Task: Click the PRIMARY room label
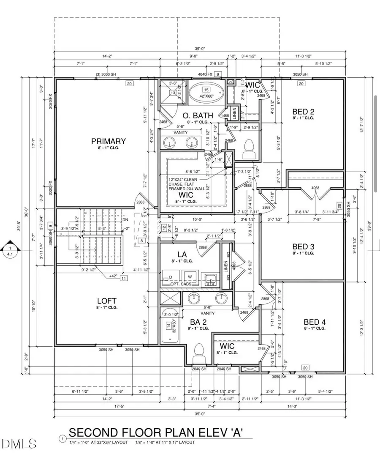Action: coord(109,141)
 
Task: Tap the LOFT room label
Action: coord(106,301)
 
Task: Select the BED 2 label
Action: coord(303,112)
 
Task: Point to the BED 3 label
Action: coord(303,246)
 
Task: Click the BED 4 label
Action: coord(315,322)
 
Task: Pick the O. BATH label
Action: coord(194,115)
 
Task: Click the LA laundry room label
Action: coord(182,254)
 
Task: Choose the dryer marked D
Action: coord(171,277)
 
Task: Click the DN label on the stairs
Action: coord(125,219)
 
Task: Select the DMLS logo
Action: coord(19,443)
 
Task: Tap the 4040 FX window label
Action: coord(206,74)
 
